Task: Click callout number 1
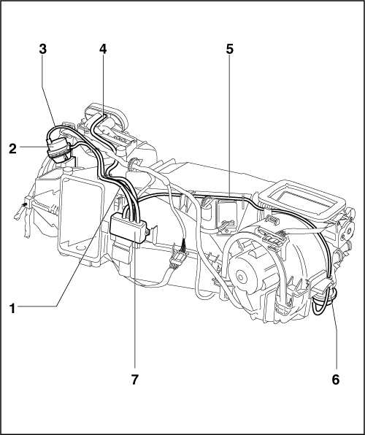pos(12,309)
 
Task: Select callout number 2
pos(12,149)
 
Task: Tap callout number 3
pos(43,49)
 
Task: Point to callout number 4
pos(103,49)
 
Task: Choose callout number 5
pos(230,49)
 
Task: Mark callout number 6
pos(336,380)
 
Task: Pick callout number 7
pos(134,380)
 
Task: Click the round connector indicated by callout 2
pos(59,150)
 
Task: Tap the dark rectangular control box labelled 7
pos(128,229)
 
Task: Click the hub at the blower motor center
pos(241,277)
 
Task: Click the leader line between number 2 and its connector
pos(34,147)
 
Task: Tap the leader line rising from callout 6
pos(335,333)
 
